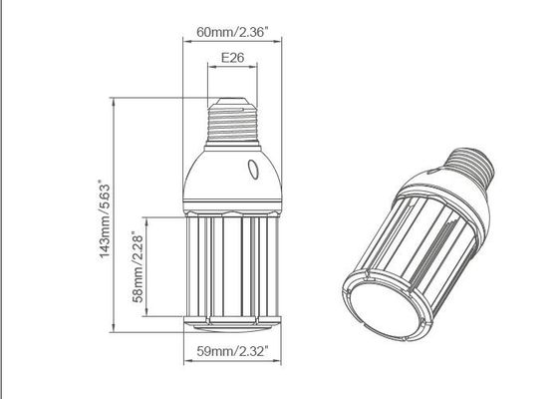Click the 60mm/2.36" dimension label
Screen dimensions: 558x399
[232, 32]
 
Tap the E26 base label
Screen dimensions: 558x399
[233, 58]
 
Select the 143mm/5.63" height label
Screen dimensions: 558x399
[105, 219]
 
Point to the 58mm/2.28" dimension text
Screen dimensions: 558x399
[138, 267]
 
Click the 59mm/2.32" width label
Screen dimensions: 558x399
[232, 351]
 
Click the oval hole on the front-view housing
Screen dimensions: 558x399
[253, 170]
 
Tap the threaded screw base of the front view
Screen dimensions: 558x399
[233, 121]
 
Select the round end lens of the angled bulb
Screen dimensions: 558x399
[387, 309]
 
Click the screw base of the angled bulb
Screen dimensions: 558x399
[469, 165]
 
